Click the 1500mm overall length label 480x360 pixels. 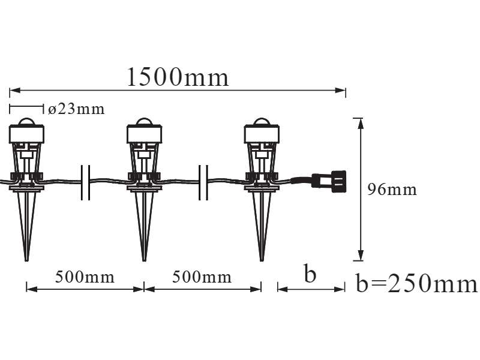(178, 77)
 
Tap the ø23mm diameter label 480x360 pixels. (76, 109)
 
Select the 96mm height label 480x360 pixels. (392, 190)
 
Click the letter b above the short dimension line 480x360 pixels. (309, 274)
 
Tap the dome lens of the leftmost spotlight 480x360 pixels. (26, 122)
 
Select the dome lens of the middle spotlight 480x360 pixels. (144, 122)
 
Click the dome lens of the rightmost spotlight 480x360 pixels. (262, 122)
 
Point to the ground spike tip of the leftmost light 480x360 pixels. (26, 259)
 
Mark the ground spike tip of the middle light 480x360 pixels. (144, 259)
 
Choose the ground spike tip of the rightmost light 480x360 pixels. (262, 259)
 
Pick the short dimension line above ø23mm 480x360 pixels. (27, 109)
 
